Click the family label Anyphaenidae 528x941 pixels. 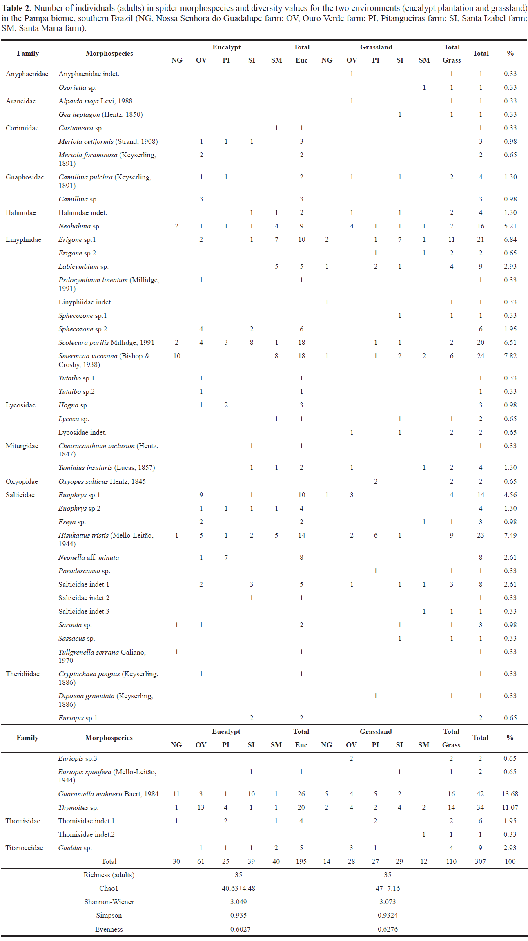click(27, 74)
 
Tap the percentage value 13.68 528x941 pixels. click(510, 794)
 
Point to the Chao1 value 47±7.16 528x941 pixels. click(388, 888)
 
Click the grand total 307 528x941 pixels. click(480, 861)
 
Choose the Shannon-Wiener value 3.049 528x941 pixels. click(238, 902)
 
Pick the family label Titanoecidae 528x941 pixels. click(24, 848)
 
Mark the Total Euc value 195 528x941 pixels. click(301, 861)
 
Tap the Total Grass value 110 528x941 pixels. click(451, 861)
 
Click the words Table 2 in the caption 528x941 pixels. click(16, 8)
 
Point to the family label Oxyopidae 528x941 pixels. click(22, 481)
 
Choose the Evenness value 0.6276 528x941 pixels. click(388, 929)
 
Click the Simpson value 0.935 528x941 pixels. click(238, 915)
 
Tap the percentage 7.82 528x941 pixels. click(510, 356)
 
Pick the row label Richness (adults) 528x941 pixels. click(109, 875)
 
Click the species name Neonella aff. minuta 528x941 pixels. click(89, 557)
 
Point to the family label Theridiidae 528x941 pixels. click(22, 674)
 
